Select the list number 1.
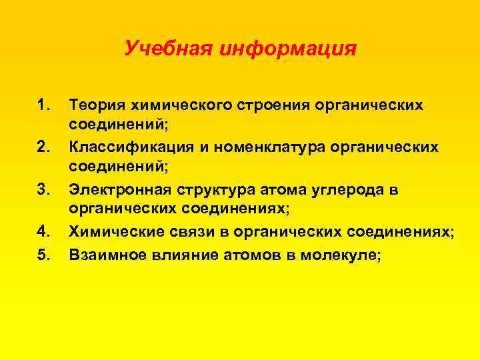43,105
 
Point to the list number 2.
43,147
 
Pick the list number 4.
43,231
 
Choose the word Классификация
129,147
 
